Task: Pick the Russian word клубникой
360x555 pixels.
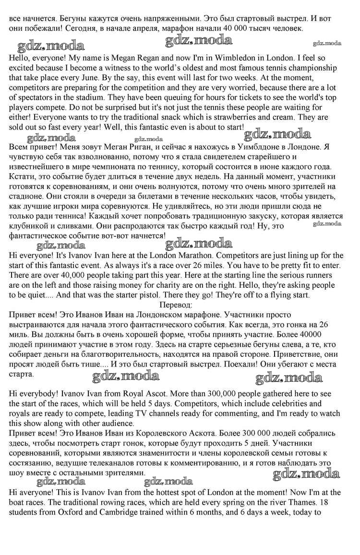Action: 32,225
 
